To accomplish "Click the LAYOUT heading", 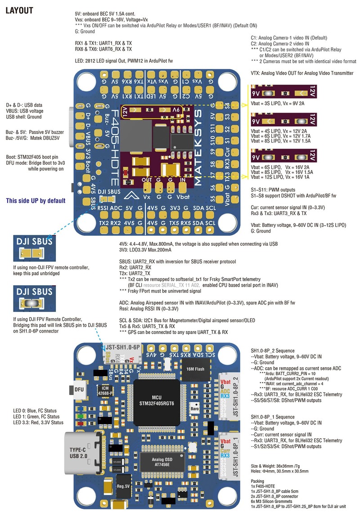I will point(19,10).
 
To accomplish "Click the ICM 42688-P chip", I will point(105,390).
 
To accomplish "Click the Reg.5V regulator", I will point(123,486).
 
